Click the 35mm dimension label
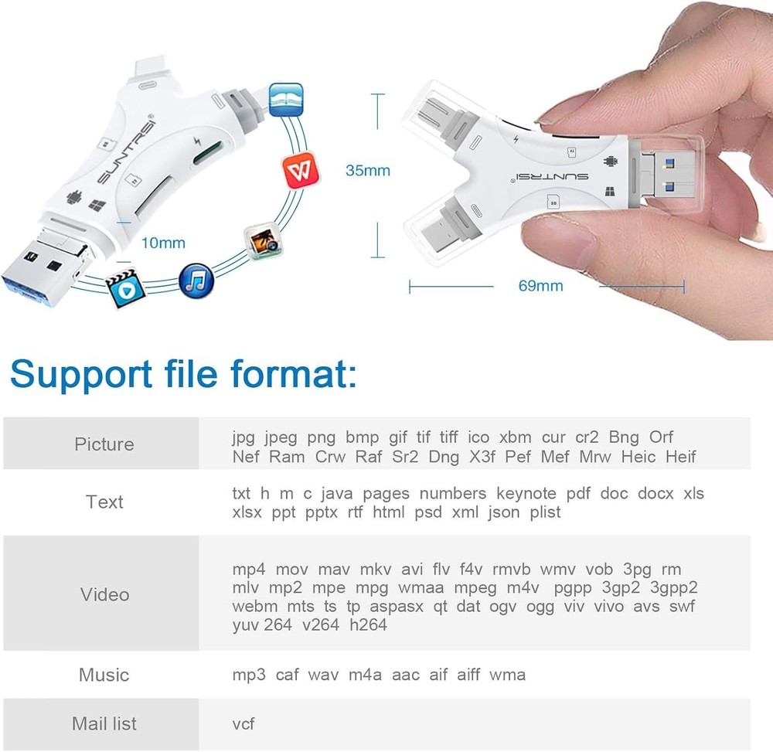(x=368, y=171)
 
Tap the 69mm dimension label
(x=540, y=286)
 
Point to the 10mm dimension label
(x=163, y=243)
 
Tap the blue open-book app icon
(x=285, y=100)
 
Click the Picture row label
(x=104, y=444)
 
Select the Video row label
(x=104, y=594)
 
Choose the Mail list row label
(x=104, y=723)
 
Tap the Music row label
(x=104, y=675)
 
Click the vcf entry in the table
(x=243, y=723)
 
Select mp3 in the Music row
(x=249, y=675)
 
